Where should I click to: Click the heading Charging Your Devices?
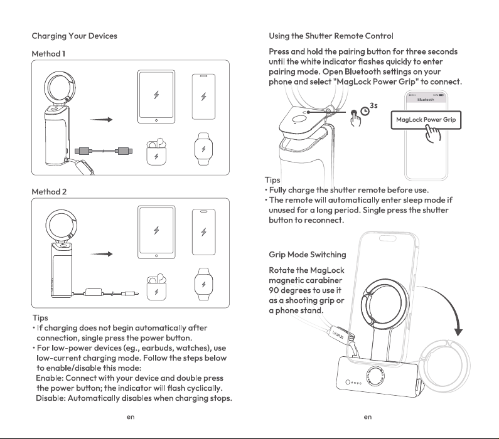coord(75,36)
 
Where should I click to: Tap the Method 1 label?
coord(48,54)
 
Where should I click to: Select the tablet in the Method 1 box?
coord(156,97)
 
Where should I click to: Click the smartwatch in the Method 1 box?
coord(203,149)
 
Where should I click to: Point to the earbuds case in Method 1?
coord(156,152)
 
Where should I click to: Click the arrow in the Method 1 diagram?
coord(101,120)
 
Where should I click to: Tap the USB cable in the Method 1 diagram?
coord(104,151)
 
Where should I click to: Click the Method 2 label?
coord(49,192)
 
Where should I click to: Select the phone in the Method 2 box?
coord(203,232)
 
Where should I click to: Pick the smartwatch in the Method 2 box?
coord(203,284)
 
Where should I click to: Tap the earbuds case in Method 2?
coord(156,287)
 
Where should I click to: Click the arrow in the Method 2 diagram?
coord(101,254)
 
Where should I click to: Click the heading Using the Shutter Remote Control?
coord(331,36)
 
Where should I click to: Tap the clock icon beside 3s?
coord(365,111)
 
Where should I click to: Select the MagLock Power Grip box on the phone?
coord(426,120)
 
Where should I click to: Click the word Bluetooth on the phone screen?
coord(426,100)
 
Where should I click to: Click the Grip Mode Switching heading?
coord(308,255)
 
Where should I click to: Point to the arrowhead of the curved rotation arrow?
coord(458,332)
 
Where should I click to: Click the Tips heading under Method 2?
coord(40,318)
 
